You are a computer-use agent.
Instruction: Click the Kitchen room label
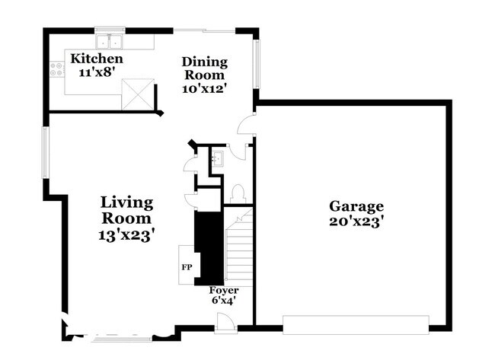pos(97,59)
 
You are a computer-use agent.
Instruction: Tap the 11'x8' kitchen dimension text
pos(96,72)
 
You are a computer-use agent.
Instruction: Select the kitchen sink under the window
pos(110,41)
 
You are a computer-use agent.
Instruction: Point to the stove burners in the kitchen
pos(57,69)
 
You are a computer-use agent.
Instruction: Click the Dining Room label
pos(205,68)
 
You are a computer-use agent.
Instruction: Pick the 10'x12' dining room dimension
pos(205,88)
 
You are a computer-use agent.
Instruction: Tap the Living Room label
pos(126,210)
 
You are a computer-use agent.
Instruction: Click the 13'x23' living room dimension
pos(126,235)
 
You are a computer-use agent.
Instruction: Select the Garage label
pos(356,206)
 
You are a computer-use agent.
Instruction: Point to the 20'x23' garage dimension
pos(356,221)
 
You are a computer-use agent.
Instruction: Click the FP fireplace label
pos(187,267)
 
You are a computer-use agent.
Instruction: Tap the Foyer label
pos(224,290)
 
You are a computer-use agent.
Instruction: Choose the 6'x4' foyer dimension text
pos(224,301)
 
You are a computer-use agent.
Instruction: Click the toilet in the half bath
pos(238,194)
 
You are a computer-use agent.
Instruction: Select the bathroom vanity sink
pos(218,158)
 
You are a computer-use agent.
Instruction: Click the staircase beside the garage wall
pos(240,244)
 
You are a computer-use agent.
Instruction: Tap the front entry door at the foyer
pos(225,323)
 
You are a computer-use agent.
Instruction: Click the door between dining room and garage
pos(246,124)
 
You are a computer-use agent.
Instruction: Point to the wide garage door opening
pos(356,325)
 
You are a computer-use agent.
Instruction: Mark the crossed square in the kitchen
pos(138,94)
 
